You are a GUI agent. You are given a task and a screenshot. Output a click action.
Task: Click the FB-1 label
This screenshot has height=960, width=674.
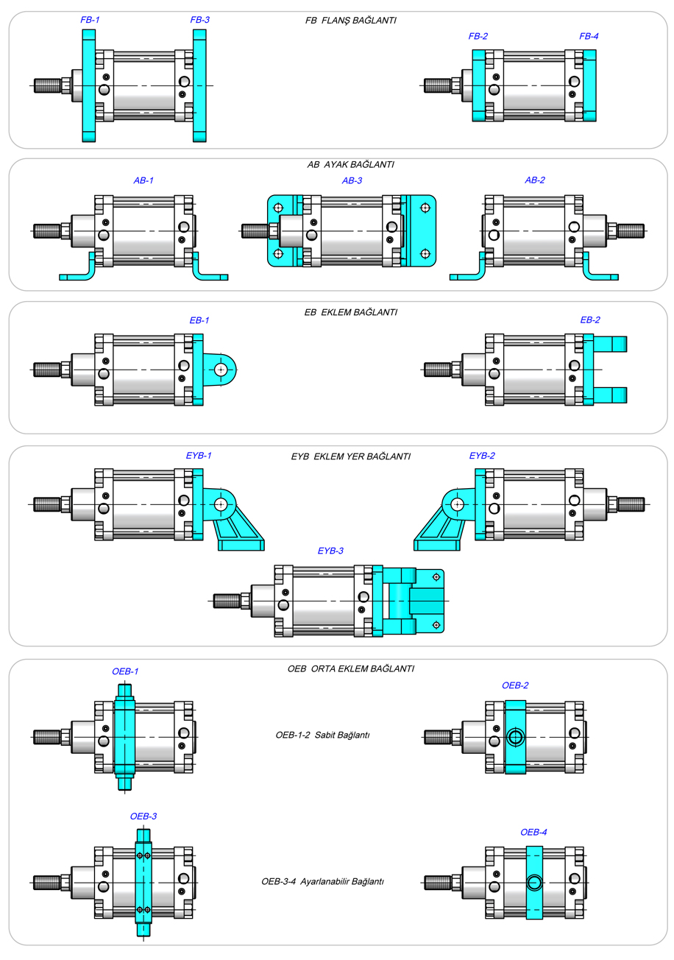(90, 20)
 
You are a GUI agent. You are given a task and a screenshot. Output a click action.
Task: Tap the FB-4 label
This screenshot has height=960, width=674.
(589, 35)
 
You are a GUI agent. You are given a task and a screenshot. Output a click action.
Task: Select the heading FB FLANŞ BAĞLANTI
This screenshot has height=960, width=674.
(351, 21)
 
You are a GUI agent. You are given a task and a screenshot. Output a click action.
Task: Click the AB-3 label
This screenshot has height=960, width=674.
(352, 180)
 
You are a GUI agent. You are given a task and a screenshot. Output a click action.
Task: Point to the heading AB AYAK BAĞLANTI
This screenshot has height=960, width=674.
(350, 164)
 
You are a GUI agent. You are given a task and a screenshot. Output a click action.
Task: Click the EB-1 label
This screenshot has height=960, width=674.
(199, 320)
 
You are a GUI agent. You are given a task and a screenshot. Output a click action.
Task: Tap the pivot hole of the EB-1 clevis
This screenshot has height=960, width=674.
(221, 370)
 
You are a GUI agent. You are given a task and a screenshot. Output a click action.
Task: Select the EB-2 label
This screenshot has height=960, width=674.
(590, 320)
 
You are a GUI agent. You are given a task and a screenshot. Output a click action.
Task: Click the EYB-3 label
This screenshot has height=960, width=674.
(330, 550)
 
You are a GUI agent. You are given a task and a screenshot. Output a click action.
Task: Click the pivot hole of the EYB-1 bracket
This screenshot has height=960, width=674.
(220, 504)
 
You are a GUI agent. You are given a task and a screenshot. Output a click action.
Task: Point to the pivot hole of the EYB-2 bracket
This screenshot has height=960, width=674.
(458, 504)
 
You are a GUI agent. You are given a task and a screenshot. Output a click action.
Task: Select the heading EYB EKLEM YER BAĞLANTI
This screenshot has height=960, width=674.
(350, 456)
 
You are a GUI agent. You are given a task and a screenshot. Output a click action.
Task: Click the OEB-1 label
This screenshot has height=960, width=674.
(125, 671)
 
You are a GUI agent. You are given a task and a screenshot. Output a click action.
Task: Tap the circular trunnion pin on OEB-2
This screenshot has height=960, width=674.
(515, 737)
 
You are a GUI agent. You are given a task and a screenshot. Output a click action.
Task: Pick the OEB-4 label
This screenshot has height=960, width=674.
(533, 832)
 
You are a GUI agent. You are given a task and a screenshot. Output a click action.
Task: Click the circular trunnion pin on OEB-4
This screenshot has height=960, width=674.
(533, 883)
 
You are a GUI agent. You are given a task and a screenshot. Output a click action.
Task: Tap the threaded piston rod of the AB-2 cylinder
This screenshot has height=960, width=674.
(631, 231)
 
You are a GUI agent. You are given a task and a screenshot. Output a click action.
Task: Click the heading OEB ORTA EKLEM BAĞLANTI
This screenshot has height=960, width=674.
(350, 668)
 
